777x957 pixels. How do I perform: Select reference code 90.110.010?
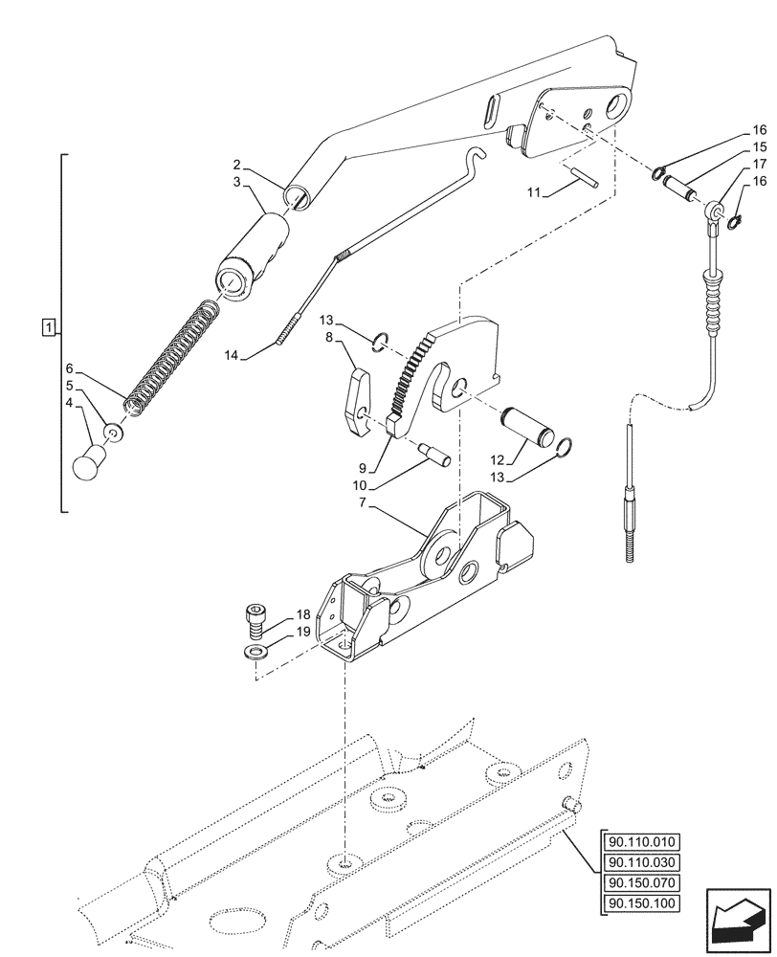[x=640, y=842]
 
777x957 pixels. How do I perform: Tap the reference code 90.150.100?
[x=640, y=902]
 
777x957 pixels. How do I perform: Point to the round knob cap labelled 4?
[x=89, y=466]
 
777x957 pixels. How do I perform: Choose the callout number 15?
[x=759, y=146]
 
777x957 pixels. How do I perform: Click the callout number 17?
[x=759, y=164]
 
